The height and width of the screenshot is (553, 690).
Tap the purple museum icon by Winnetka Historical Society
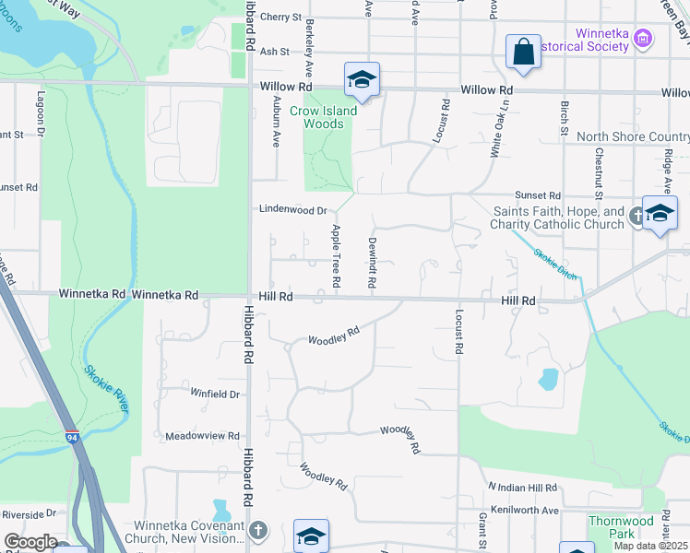pyautogui.click(x=644, y=38)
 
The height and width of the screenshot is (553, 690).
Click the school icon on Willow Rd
pyautogui.click(x=362, y=80)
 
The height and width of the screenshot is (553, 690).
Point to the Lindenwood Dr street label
pyautogui.click(x=292, y=209)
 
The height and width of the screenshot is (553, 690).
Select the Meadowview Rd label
pyautogui.click(x=202, y=435)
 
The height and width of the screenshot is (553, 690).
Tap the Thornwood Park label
pyautogui.click(x=611, y=527)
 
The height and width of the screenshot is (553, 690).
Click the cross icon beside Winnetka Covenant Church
pyautogui.click(x=258, y=530)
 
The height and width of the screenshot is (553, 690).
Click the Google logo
pyautogui.click(x=30, y=542)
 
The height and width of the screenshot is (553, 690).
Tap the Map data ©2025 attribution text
pyautogui.click(x=650, y=546)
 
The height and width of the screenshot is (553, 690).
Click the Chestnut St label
pyautogui.click(x=599, y=172)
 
